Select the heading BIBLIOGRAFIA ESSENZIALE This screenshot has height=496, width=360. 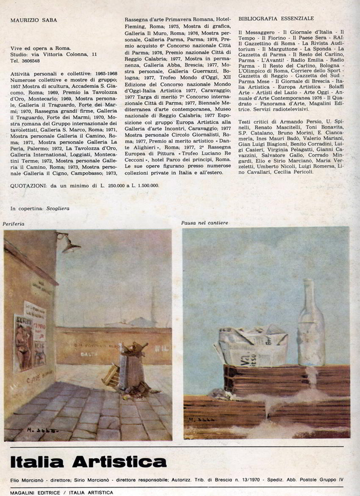point(276,19)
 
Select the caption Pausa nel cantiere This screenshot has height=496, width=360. point(205,223)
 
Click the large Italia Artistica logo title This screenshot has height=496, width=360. point(88,462)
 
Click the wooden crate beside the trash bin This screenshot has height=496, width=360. point(111,375)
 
